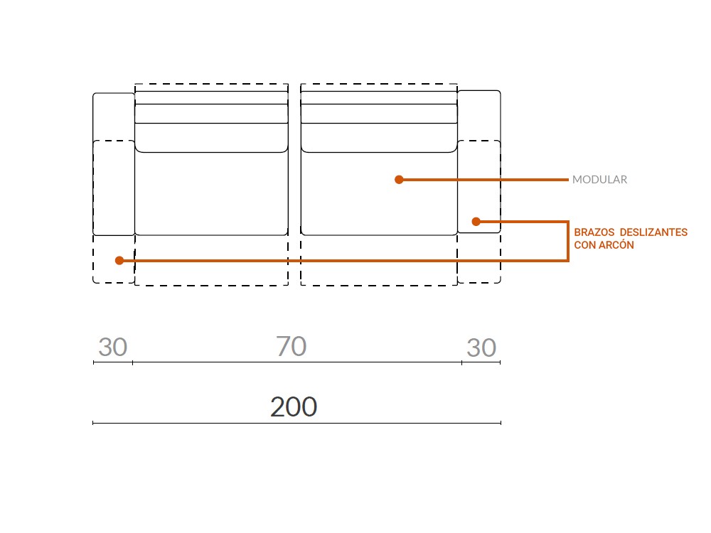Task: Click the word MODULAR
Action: tap(599, 180)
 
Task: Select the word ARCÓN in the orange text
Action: tap(616, 245)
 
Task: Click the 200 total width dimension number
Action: tap(294, 407)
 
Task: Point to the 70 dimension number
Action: tap(292, 347)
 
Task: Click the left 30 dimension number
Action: tap(113, 348)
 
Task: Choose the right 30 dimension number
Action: tap(481, 348)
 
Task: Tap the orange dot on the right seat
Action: tap(399, 180)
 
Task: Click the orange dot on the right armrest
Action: tap(476, 222)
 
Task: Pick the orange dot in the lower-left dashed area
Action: tap(119, 261)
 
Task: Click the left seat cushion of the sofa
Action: tap(211, 193)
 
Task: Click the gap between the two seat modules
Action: tap(294, 185)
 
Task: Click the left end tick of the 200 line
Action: tap(93, 423)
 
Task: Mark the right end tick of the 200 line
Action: tap(501, 423)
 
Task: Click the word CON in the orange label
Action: tap(584, 245)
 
